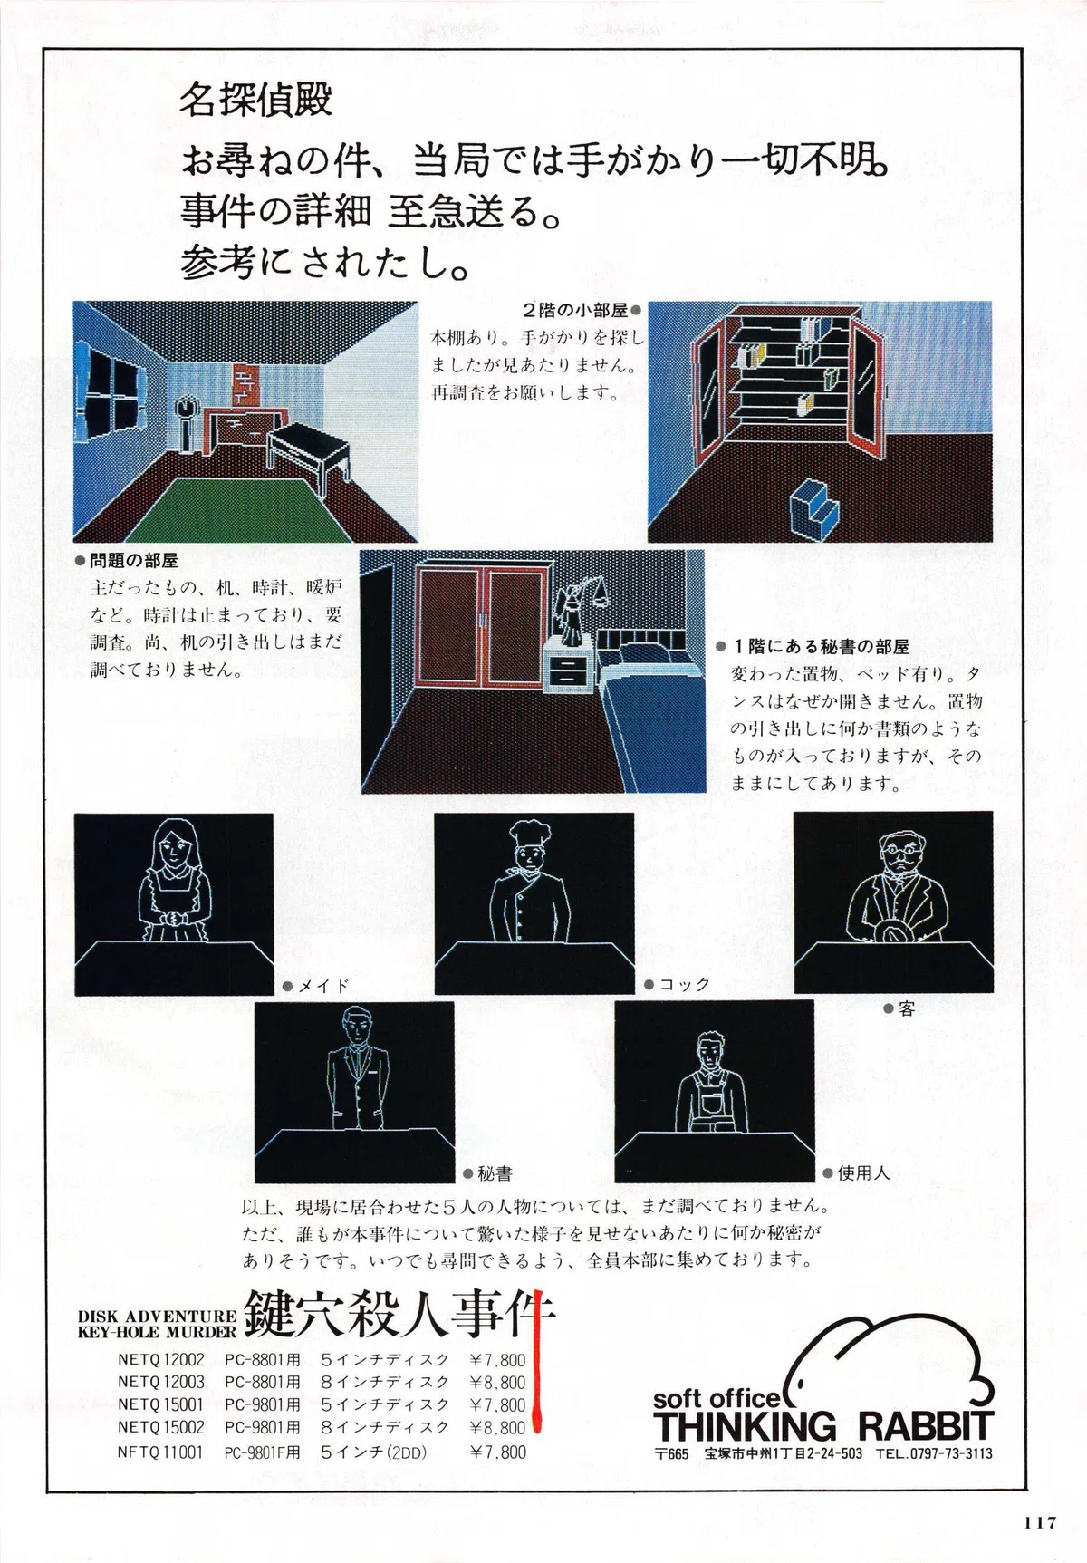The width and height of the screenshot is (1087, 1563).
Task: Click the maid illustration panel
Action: coord(173,903)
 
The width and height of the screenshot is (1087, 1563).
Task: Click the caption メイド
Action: coord(323,986)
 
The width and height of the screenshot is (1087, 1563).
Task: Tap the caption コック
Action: coord(685,984)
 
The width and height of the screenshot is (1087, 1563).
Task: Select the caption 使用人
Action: coord(863,1172)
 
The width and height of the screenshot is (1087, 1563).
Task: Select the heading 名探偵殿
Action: coord(255,99)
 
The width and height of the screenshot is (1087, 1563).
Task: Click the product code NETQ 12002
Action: coord(161,1359)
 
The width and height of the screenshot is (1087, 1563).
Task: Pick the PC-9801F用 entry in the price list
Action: coord(262,1452)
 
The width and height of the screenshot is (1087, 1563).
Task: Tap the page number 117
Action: coord(1041,1522)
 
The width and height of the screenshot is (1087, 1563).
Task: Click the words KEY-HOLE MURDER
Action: coord(157,1332)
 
